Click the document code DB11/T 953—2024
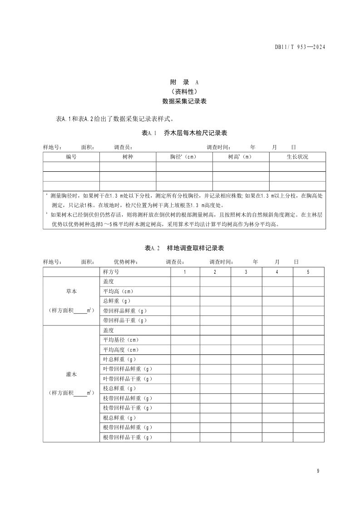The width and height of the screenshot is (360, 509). click(x=301, y=47)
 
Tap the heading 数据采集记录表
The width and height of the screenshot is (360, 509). click(x=184, y=102)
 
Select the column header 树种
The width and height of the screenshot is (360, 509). click(x=128, y=157)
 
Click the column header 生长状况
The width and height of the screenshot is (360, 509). click(x=297, y=157)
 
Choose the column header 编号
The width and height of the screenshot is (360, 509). click(x=71, y=157)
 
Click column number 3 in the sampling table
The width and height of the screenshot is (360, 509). click(x=246, y=272)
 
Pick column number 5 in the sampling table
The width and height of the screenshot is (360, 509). click(x=308, y=272)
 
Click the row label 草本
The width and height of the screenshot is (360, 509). click(x=71, y=291)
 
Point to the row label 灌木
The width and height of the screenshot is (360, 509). click(x=71, y=375)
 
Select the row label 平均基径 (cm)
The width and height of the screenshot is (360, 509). click(x=121, y=340)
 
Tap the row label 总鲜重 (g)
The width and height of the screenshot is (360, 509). click(x=117, y=301)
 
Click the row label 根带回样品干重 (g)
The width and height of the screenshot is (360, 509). click(x=127, y=437)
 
